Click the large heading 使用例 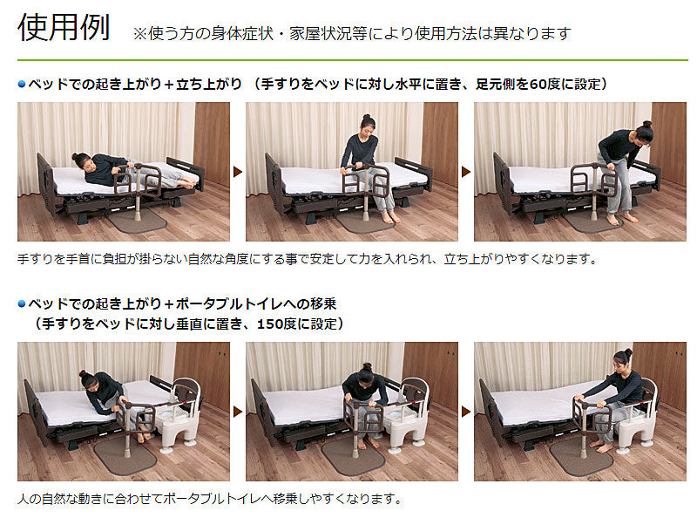(64, 28)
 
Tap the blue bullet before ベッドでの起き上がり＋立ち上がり (22, 84)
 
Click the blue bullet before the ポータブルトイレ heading (22, 304)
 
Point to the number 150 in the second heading (270, 324)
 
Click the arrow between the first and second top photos (238, 171)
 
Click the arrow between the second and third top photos (466, 171)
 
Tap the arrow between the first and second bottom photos (238, 412)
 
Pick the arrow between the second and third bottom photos (466, 412)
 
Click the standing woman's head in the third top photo (643, 133)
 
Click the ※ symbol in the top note (139, 34)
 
